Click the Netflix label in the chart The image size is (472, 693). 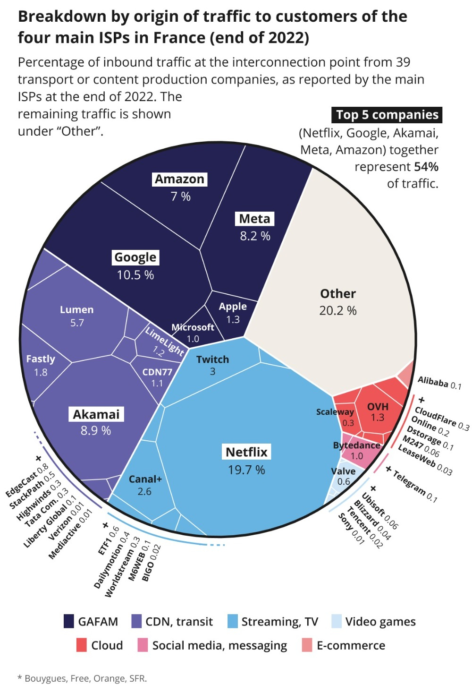(246, 452)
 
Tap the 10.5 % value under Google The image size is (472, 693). (135, 275)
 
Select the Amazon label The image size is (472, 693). (180, 180)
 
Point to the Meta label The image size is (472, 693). (254, 219)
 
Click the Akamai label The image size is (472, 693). (96, 414)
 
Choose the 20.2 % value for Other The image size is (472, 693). (338, 311)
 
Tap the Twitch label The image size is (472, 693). (212, 359)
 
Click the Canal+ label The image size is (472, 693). (145, 479)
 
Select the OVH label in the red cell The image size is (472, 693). (378, 407)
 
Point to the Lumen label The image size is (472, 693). (76, 310)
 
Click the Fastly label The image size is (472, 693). (41, 359)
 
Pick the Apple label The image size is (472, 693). (233, 307)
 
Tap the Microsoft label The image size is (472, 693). (193, 327)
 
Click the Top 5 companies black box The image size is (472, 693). (387, 115)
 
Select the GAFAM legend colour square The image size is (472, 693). (69, 621)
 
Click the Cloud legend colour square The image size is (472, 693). (82, 645)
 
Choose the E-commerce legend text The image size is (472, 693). (351, 645)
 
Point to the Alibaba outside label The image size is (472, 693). (433, 382)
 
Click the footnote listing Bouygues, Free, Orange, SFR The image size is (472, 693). (83, 678)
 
